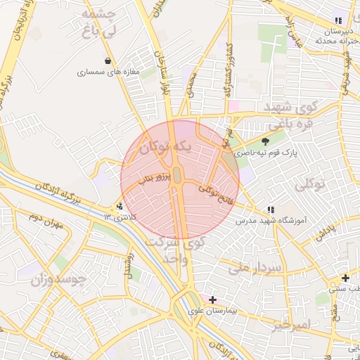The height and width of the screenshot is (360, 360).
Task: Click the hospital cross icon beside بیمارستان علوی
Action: point(212,300)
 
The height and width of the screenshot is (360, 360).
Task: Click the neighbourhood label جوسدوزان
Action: point(58,280)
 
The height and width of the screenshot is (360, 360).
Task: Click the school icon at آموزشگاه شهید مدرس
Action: point(271,210)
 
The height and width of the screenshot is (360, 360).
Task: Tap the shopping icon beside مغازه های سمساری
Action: point(107,60)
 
